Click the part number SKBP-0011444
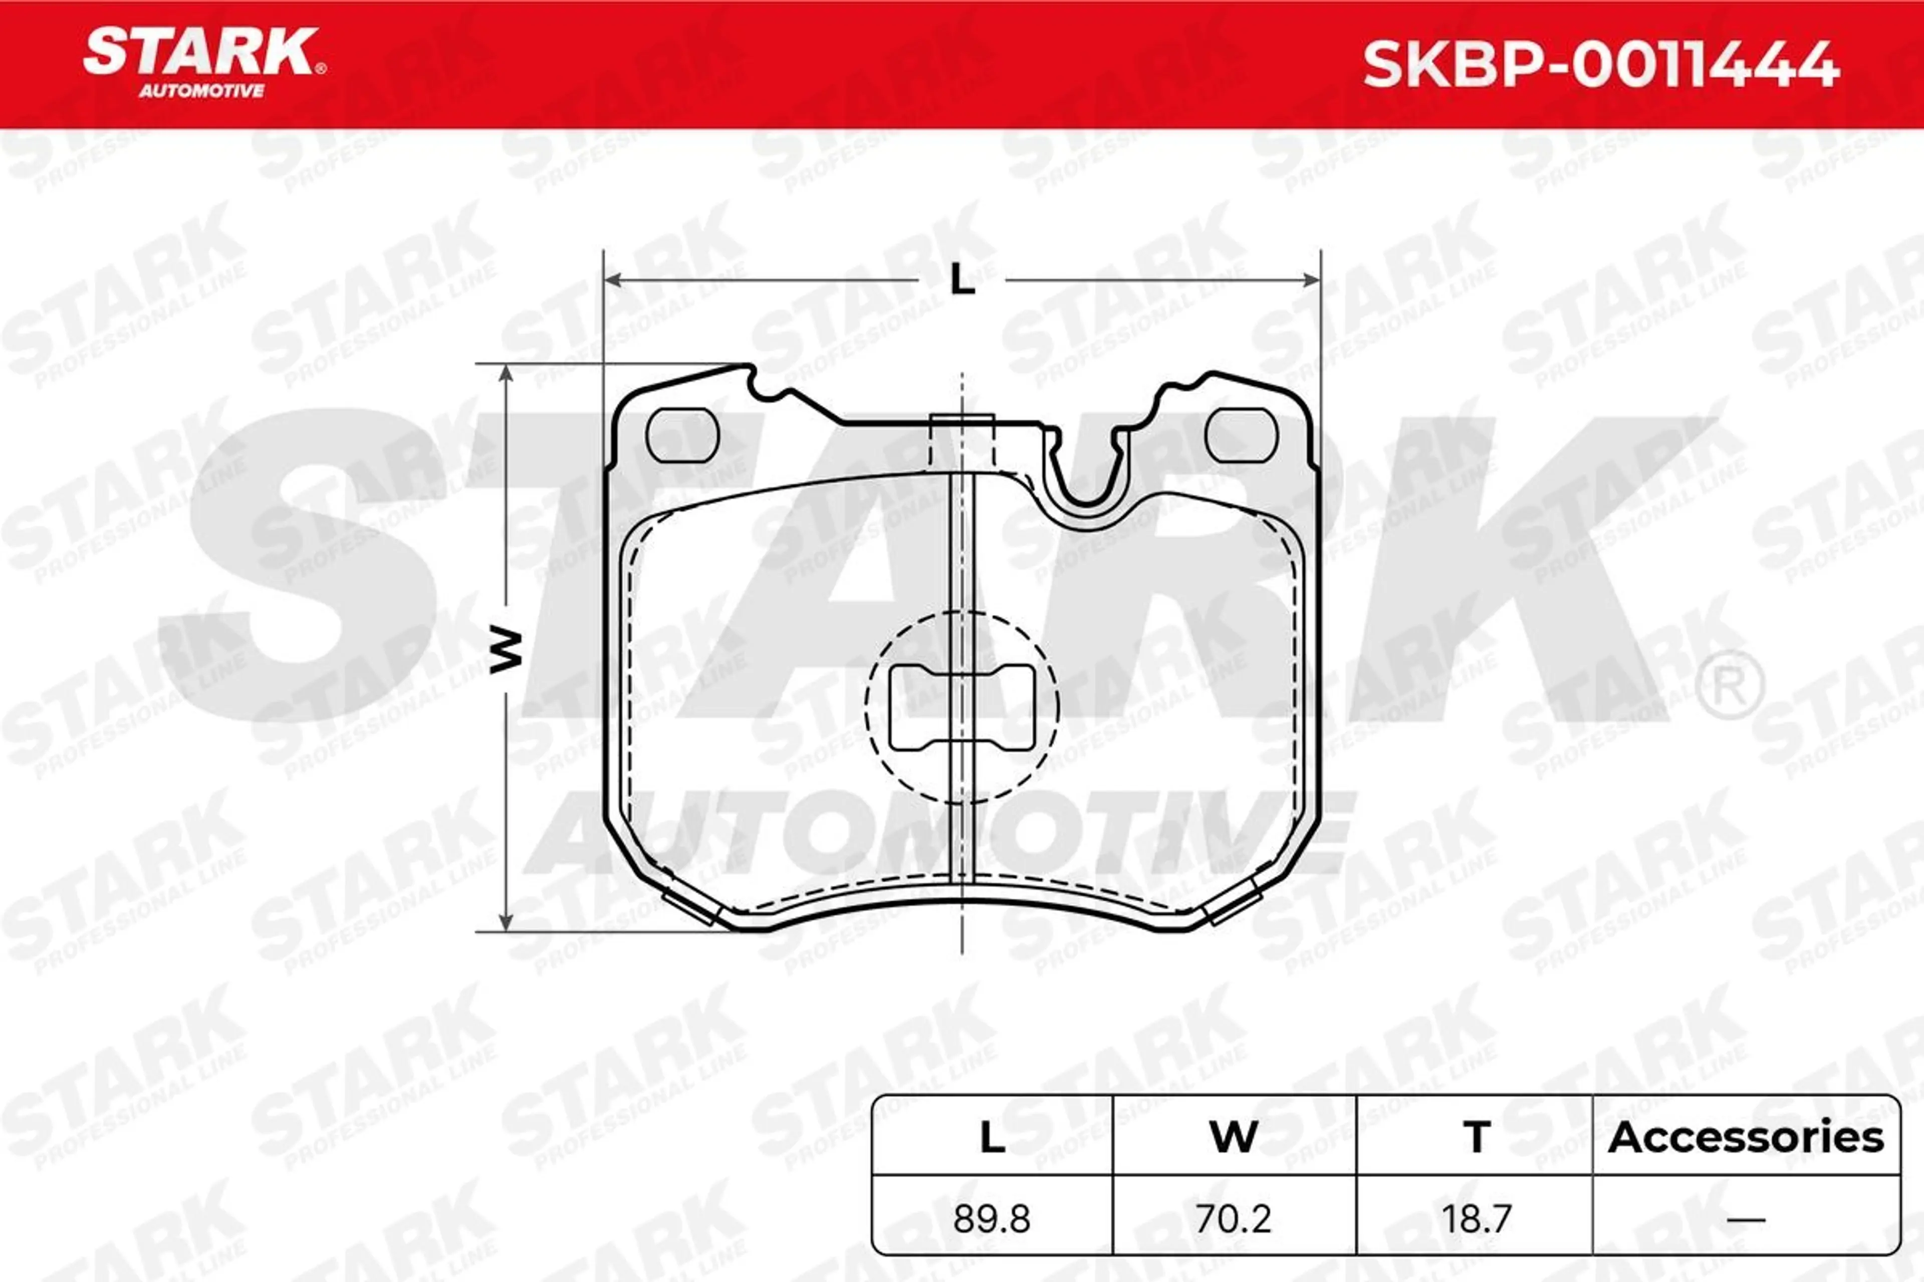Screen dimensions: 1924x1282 (1601, 65)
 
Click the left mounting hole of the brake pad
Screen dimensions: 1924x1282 (682, 435)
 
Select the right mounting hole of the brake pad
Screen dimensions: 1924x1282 (1242, 435)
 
